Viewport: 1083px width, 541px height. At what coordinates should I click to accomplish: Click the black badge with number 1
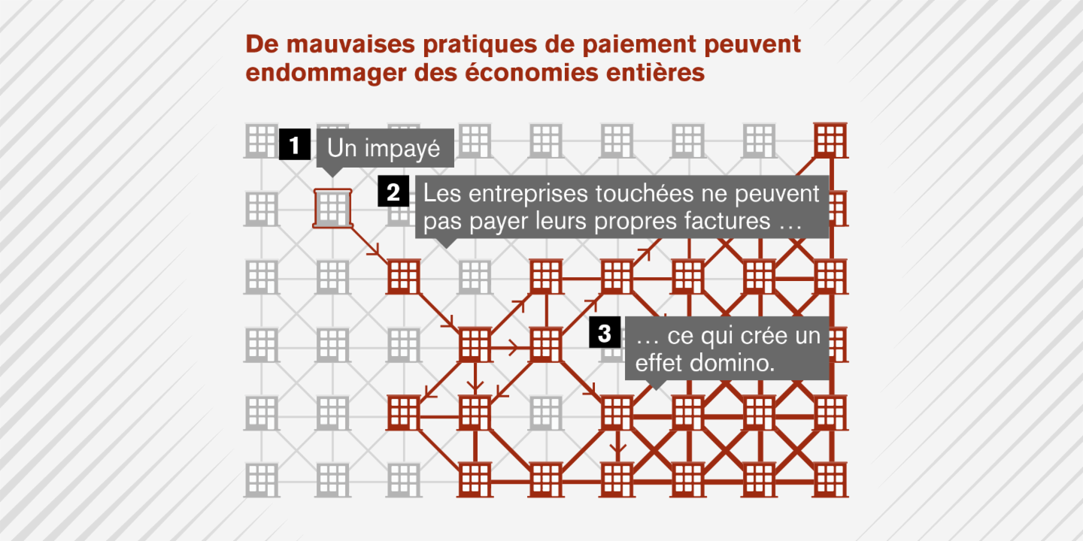pos(295,144)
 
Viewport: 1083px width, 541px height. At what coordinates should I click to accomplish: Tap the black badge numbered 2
pos(393,192)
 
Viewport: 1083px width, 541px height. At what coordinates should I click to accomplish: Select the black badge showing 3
pos(605,332)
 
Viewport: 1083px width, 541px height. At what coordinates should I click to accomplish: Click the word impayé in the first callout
pos(402,149)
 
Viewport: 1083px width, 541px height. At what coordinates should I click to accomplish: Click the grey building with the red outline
pos(332,208)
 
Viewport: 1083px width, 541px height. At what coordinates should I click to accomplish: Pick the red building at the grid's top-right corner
pos(830,141)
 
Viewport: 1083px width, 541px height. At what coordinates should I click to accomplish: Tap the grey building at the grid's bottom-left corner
pos(262,480)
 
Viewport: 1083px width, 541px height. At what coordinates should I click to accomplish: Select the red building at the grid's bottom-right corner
pos(830,480)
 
